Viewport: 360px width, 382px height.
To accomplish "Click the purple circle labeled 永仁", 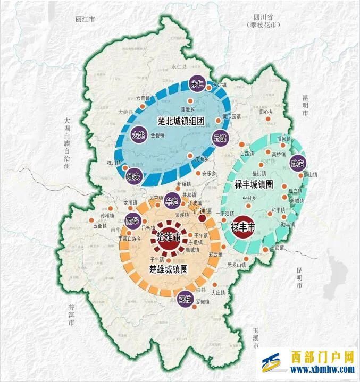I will tap(197, 84).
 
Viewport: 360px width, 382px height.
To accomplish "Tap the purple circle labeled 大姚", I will tap(138, 135).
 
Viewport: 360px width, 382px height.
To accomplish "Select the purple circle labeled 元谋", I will tap(219, 137).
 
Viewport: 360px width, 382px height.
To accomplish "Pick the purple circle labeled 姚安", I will tap(133, 176).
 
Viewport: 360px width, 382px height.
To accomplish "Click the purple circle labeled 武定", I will tap(297, 163).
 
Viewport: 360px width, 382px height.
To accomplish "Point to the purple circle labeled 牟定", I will tap(172, 201).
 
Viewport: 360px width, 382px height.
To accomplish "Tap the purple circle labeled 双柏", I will tap(185, 299).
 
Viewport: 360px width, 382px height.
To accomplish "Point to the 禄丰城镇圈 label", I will tap(254, 184).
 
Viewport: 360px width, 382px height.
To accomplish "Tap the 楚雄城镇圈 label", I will tap(168, 269).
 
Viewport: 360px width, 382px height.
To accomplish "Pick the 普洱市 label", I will tap(72, 315).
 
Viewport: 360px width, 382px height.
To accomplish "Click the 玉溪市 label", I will tap(257, 338).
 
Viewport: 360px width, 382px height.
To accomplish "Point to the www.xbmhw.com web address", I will tap(321, 370).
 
